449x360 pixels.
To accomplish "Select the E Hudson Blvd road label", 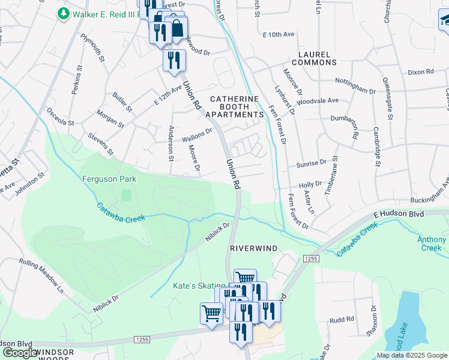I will click(399, 214).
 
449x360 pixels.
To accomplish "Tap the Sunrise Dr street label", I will click(311, 163).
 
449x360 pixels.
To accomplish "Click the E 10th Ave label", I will click(279, 35).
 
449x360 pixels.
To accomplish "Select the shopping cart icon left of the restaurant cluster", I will click(211, 313).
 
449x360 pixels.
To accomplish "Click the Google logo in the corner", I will click(20, 353).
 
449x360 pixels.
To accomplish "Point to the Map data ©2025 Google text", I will click(412, 355).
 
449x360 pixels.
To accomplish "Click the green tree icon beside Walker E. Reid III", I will click(63, 13).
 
